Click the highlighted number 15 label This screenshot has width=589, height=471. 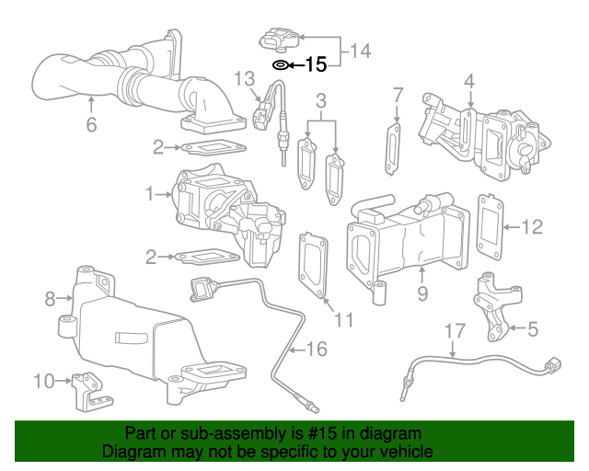click(x=316, y=64)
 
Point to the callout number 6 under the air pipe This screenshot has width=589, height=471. click(x=91, y=124)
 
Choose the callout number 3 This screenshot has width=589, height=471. click(x=321, y=99)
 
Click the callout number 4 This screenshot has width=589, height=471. click(x=469, y=82)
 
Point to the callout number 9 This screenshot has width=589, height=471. click(x=422, y=294)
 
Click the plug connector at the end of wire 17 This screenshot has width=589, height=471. click(x=551, y=366)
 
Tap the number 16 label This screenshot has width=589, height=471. click(x=316, y=349)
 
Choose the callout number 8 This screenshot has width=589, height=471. click(x=51, y=298)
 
